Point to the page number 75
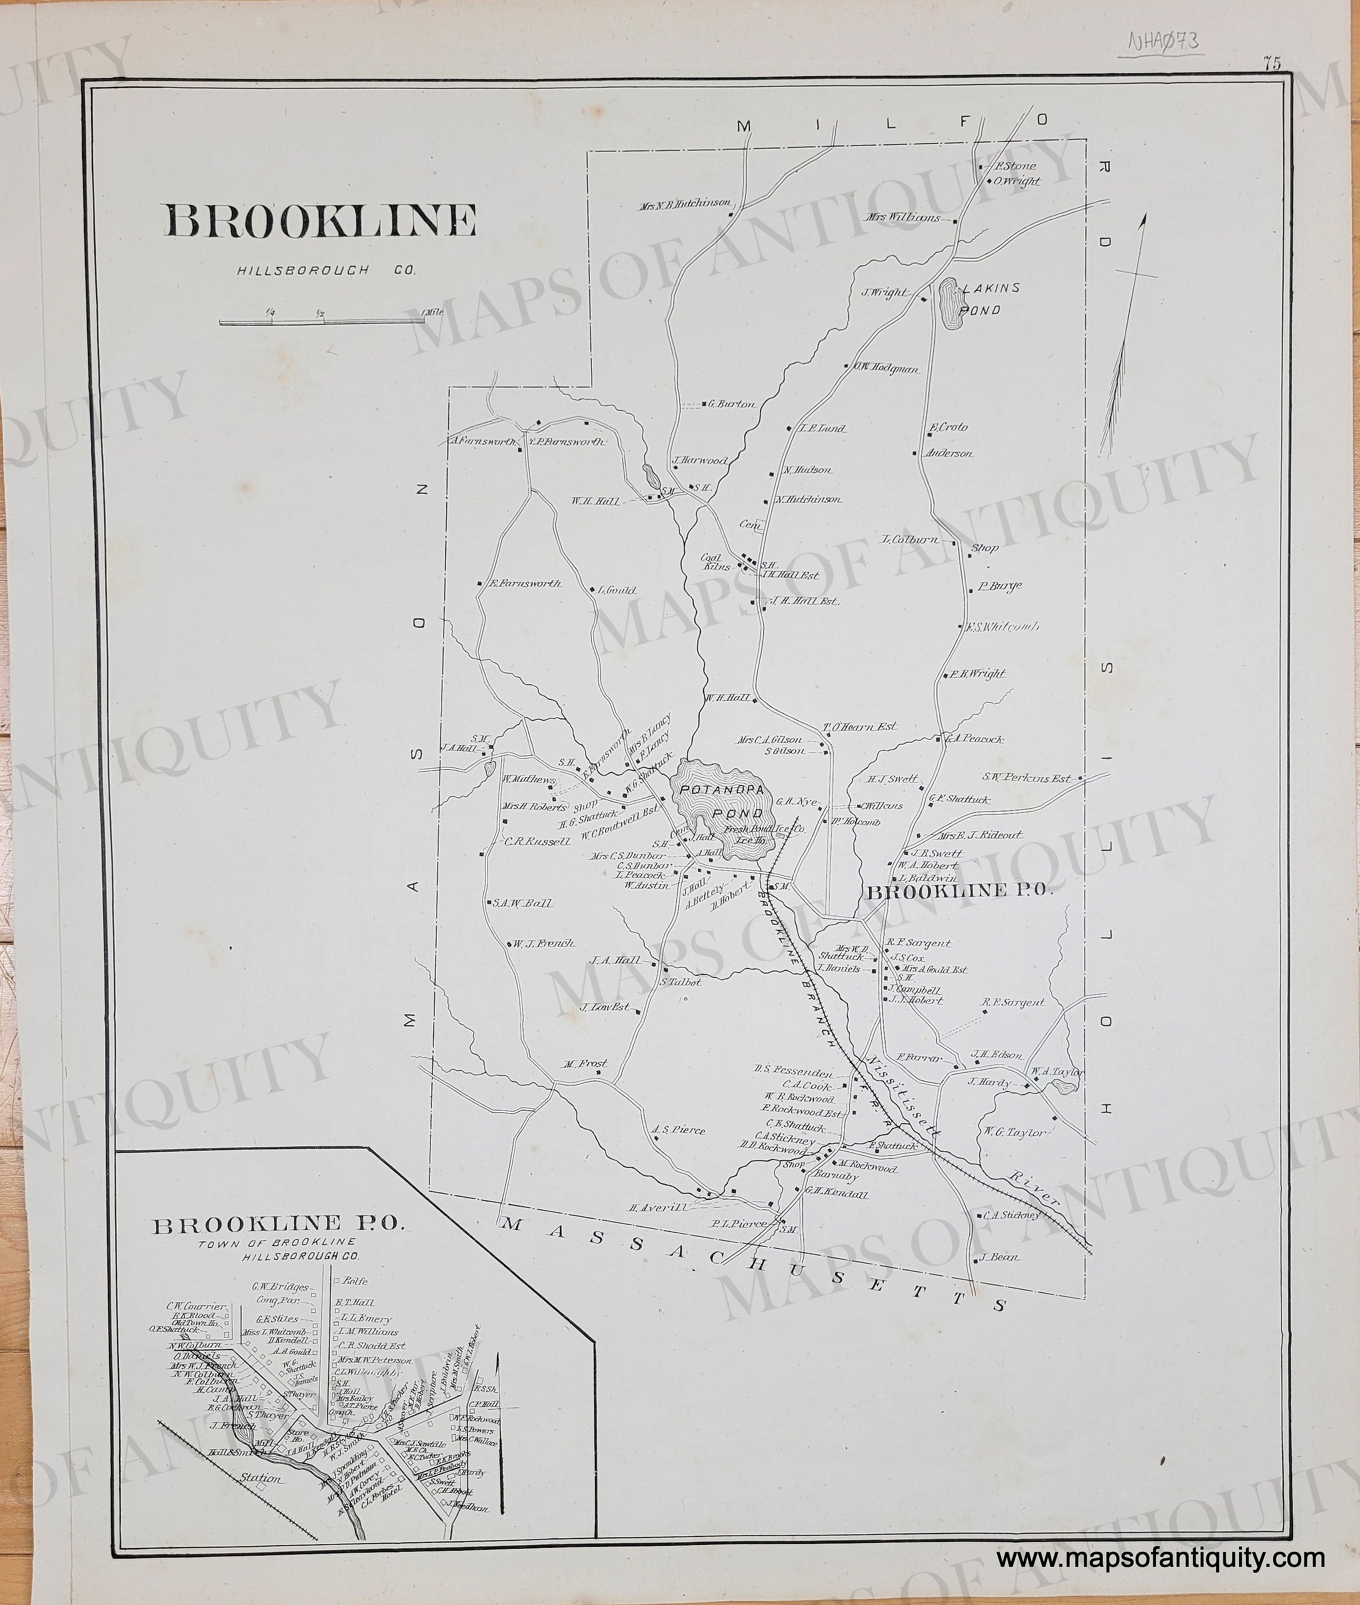point(1271,64)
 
